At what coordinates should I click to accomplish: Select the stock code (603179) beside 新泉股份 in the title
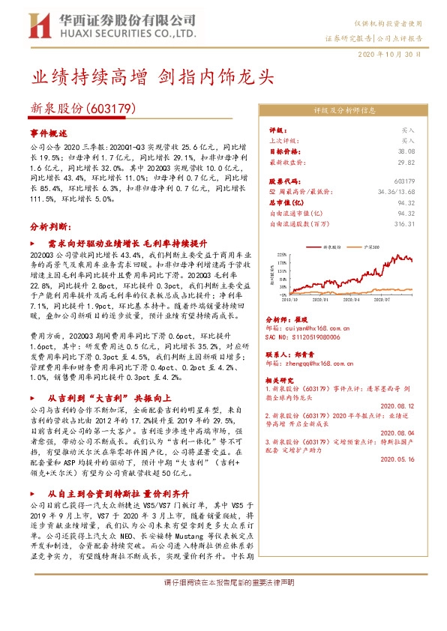coord(111,108)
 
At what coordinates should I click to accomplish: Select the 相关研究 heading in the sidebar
coord(282,381)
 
